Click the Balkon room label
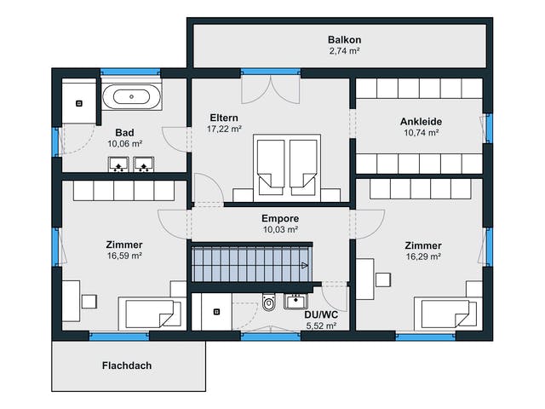[x=344, y=40]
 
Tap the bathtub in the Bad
[x=132, y=97]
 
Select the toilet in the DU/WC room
[x=268, y=302]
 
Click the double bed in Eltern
[x=287, y=168]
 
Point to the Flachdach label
[x=127, y=366]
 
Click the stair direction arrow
[x=305, y=266]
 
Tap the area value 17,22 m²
[x=224, y=129]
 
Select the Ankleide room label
[x=421, y=121]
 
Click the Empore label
[x=280, y=218]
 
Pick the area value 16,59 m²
[x=124, y=256]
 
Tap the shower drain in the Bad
[x=79, y=103]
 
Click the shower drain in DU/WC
[x=216, y=312]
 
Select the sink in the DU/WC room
[x=295, y=301]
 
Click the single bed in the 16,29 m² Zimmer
[x=449, y=314]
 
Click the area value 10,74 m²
[x=421, y=133]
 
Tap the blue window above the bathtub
[x=130, y=72]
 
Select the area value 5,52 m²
[x=321, y=325]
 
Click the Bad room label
[x=124, y=133]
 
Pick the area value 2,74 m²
[x=344, y=51]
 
